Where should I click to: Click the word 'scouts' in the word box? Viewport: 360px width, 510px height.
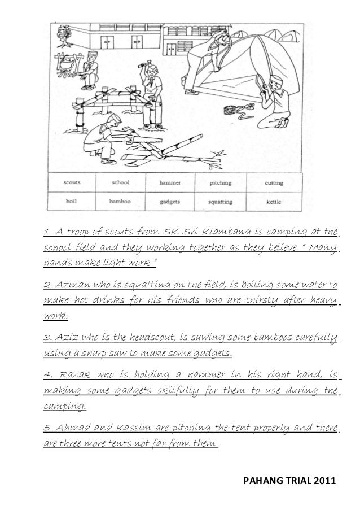[72, 182]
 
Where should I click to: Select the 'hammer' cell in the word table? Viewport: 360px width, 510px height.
[170, 182]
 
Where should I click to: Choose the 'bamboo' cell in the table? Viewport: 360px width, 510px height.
[120, 200]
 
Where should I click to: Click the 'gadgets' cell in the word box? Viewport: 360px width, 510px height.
[170, 200]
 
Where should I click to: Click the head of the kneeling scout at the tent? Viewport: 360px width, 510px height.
[275, 84]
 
